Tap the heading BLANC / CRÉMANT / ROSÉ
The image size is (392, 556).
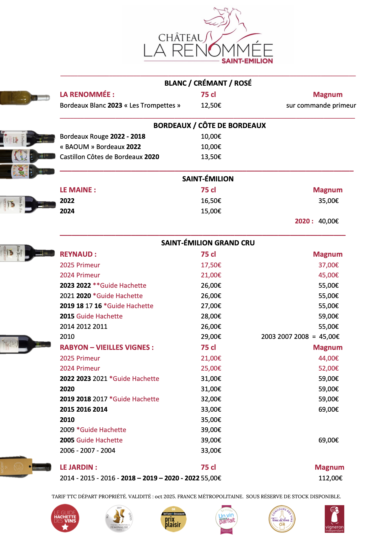click(208, 83)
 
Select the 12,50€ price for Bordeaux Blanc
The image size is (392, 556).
click(211, 105)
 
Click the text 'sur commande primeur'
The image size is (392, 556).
click(321, 105)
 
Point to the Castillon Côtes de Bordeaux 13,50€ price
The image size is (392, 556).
click(211, 157)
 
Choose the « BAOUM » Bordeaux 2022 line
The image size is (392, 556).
click(101, 147)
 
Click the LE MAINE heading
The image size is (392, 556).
click(78, 190)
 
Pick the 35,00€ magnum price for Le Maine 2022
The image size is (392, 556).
click(329, 201)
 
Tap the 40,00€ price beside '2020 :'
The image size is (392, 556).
click(329, 221)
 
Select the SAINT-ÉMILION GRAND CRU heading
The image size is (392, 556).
click(208, 243)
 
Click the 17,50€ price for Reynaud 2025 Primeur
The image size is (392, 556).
click(211, 265)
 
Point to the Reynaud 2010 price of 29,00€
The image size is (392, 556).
click(211, 337)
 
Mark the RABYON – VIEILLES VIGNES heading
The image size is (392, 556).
click(107, 348)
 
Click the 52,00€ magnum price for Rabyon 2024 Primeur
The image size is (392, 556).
click(329, 368)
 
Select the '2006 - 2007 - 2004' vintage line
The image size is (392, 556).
click(88, 451)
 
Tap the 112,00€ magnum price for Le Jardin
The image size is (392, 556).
click(330, 478)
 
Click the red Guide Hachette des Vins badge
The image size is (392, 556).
click(65, 518)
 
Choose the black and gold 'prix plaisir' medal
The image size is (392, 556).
click(173, 519)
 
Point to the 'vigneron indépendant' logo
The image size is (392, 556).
click(334, 519)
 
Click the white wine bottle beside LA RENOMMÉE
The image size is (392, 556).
click(25, 97)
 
